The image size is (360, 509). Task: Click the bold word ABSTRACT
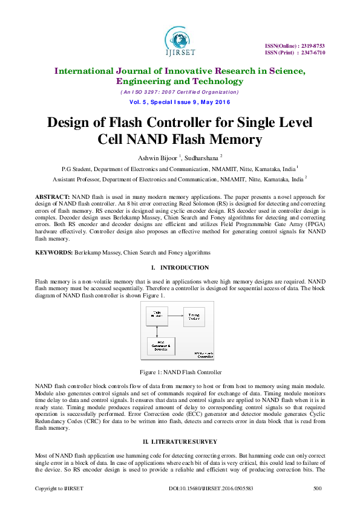52,197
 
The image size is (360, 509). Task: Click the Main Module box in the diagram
157,315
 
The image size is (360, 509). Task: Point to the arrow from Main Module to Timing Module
175,315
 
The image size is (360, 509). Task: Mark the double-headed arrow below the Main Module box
157,331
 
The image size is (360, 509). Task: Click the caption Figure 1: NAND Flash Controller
180,372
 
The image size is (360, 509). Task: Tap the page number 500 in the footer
317,487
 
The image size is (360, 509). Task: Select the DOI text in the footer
202,487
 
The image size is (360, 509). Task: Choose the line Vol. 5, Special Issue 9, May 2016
180,102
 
